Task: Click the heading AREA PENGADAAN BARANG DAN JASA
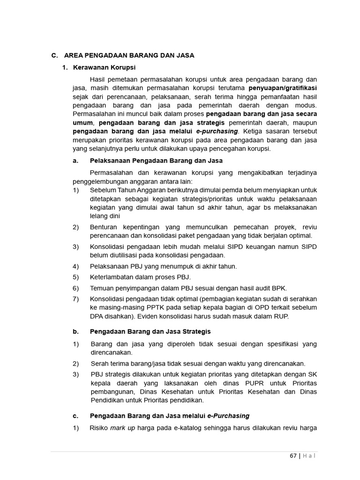click(x=129, y=55)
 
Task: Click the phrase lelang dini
click(x=105, y=216)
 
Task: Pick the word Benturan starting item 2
click(x=103, y=227)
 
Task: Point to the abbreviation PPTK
click(x=156, y=307)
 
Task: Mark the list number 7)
click(x=76, y=299)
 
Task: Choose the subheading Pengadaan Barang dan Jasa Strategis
click(x=150, y=331)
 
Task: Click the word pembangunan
click(x=110, y=391)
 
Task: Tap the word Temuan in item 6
click(x=102, y=287)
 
